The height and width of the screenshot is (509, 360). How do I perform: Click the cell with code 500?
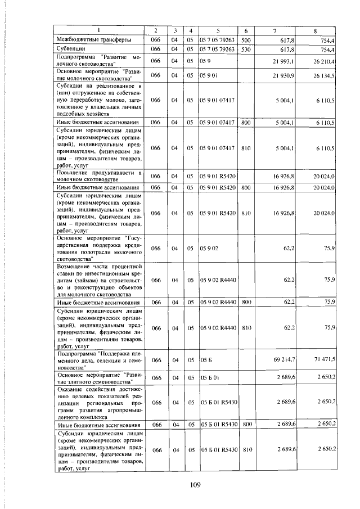pos(245,40)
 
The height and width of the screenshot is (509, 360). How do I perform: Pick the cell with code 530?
pos(245,49)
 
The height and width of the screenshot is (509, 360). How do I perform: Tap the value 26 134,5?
pos(325,75)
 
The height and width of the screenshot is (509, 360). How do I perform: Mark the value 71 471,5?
pos(325,358)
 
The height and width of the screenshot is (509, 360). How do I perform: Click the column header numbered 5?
pos(217,29)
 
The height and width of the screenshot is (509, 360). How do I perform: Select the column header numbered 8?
pos(316,29)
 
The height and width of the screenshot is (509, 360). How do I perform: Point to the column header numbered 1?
pos(99,29)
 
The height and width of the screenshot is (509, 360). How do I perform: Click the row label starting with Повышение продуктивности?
pos(99,174)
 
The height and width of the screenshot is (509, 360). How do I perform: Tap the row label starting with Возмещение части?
pos(99,279)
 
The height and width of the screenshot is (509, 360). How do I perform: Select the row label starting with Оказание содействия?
pos(99,403)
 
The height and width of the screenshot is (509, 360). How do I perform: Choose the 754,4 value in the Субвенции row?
pos(327,49)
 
